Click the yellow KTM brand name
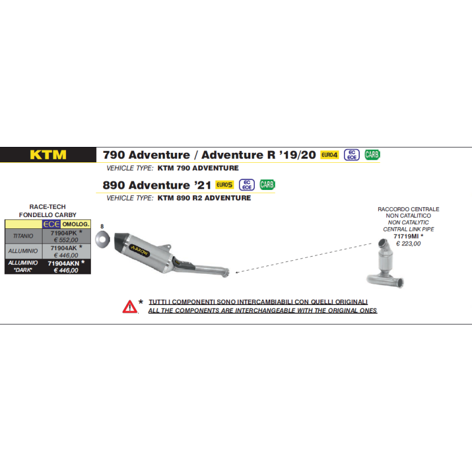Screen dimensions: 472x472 pyautogui.click(x=48, y=155)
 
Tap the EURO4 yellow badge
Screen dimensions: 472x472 pyautogui.click(x=329, y=155)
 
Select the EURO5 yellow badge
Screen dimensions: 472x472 pyautogui.click(x=225, y=185)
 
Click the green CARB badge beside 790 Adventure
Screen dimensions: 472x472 pyautogui.click(x=372, y=155)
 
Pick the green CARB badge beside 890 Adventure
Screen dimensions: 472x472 pyautogui.click(x=267, y=185)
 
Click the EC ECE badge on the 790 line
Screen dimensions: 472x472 pyautogui.click(x=352, y=155)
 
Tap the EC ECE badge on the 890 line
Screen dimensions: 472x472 pyautogui.click(x=247, y=185)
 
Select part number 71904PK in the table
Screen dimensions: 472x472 pyautogui.click(x=64, y=233)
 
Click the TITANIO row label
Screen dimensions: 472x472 pyautogui.click(x=23, y=236)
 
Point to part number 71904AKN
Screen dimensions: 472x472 pyautogui.click(x=64, y=263)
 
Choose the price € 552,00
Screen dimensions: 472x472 pyautogui.click(x=66, y=240)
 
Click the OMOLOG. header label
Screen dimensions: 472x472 pyautogui.click(x=76, y=224)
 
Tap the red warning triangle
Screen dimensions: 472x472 pyautogui.click(x=130, y=307)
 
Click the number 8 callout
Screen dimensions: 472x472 pyautogui.click(x=102, y=227)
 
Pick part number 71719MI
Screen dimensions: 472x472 pyautogui.click(x=406, y=237)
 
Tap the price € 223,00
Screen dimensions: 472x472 pyautogui.click(x=408, y=244)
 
